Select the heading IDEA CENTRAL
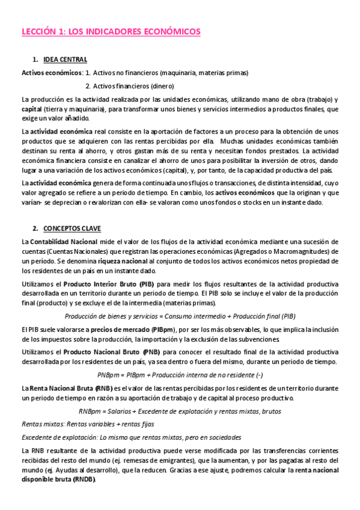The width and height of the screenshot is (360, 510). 66,60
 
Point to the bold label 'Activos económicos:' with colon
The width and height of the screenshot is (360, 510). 52,73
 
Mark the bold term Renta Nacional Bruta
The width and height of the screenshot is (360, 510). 64,389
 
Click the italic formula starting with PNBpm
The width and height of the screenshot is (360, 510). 179,375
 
